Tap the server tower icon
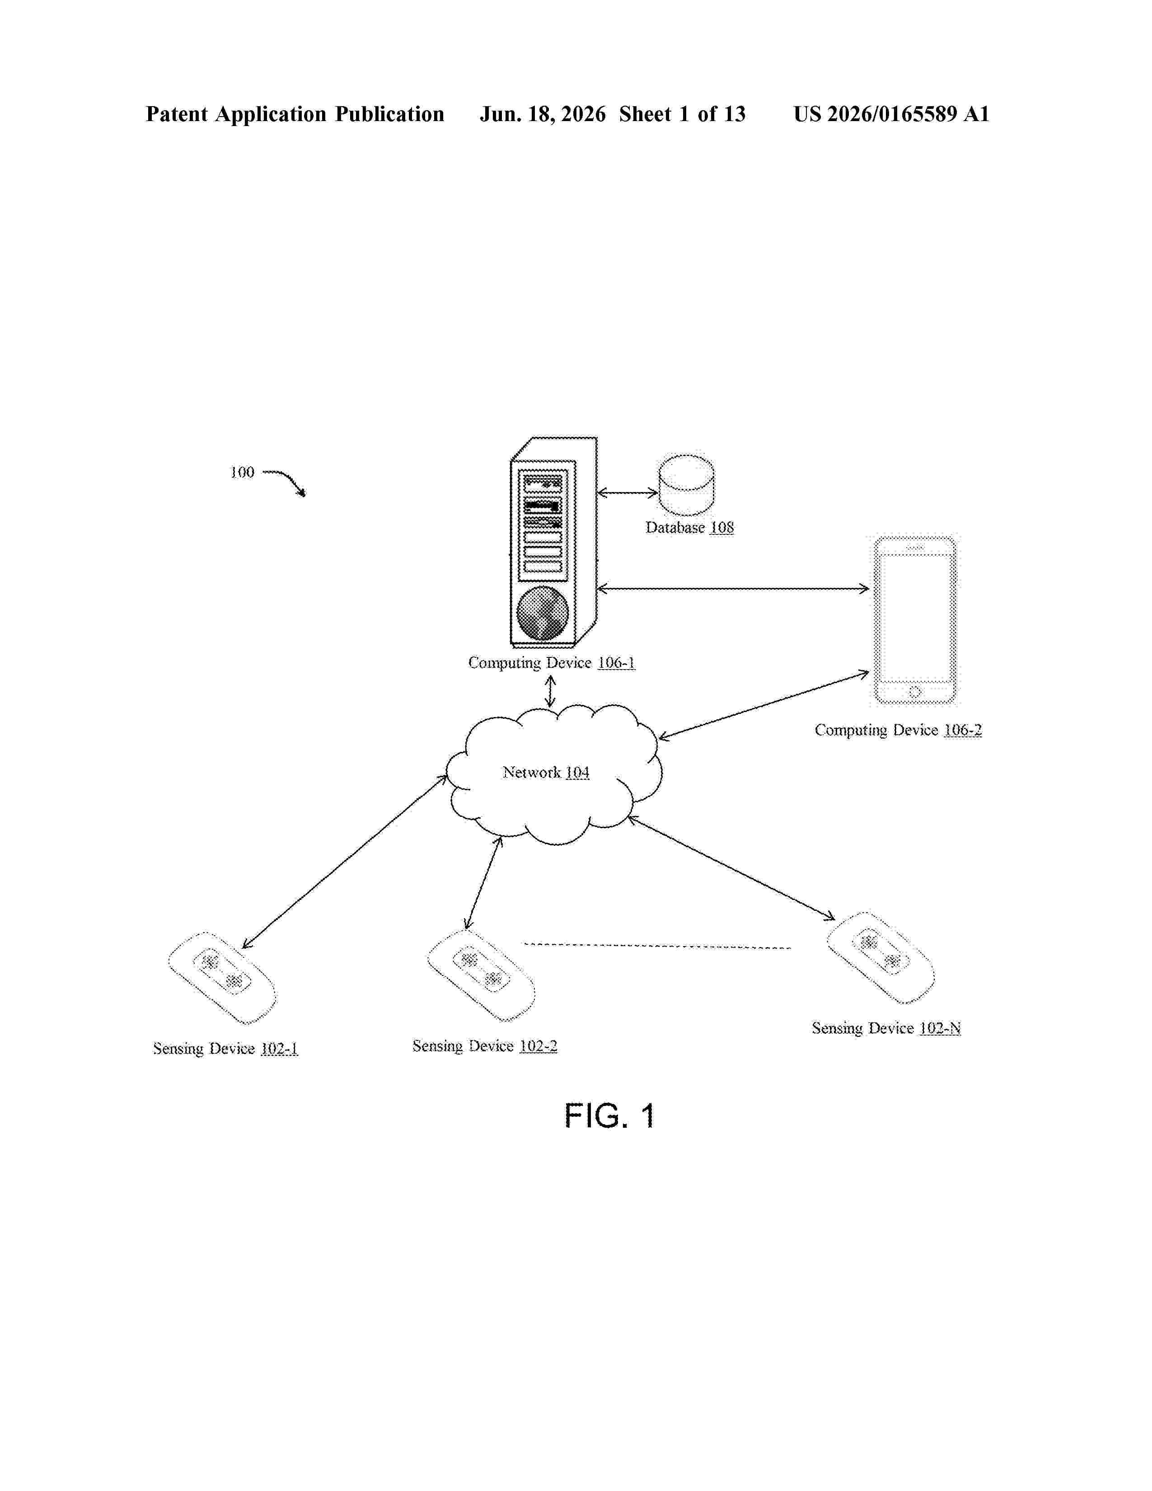553,542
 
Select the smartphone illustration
914,620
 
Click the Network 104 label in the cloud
546,772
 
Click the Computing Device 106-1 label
552,662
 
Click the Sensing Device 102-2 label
485,1046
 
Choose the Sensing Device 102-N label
886,1028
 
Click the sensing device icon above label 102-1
222,978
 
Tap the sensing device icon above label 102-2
481,975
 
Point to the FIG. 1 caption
609,1116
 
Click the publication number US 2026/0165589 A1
891,114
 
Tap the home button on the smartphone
914,692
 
